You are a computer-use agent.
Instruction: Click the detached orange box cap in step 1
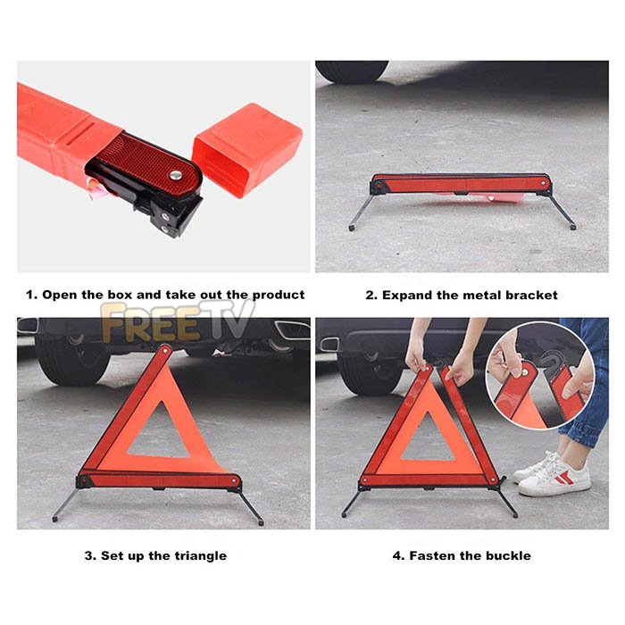point(247,150)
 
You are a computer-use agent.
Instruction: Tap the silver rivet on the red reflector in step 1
point(175,175)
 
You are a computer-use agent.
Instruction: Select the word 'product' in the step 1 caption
point(279,296)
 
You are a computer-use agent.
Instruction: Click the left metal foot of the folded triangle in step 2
point(352,228)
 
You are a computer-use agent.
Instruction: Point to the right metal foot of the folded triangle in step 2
point(573,227)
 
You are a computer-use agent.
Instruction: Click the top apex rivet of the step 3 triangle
point(164,351)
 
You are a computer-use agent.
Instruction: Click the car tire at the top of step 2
point(353,71)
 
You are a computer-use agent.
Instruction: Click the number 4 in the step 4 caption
point(396,555)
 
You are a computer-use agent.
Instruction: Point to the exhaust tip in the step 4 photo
point(329,345)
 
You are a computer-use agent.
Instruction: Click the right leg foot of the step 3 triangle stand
point(261,522)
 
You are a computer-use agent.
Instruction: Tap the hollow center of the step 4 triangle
point(428,440)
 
